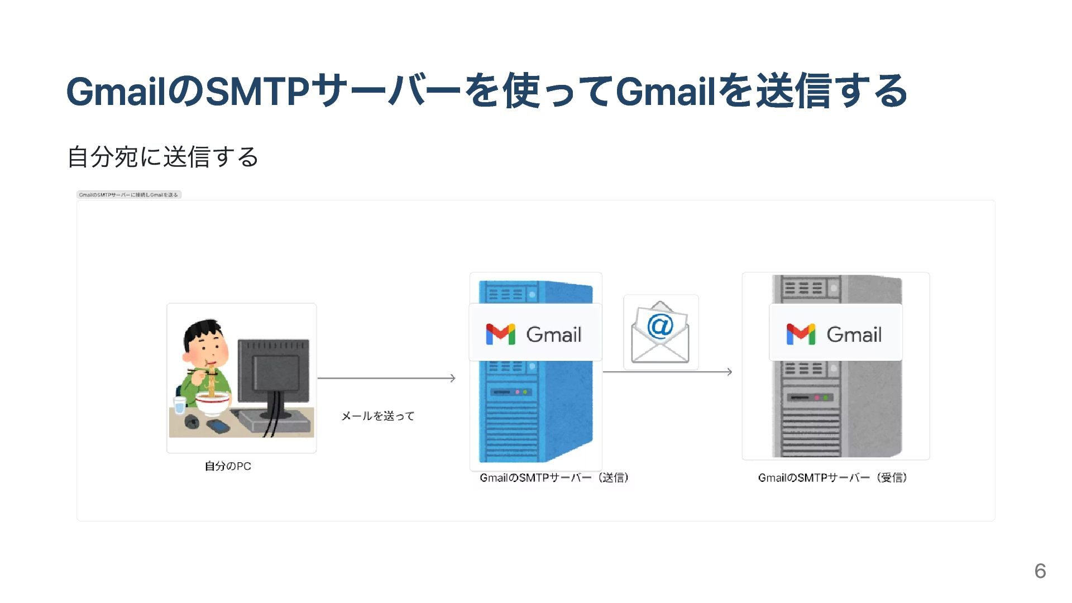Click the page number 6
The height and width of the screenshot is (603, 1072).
pos(1040,571)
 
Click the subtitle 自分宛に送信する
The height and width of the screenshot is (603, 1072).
pos(162,157)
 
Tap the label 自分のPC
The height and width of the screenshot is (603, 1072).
pos(228,466)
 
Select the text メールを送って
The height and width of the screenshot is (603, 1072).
pos(378,416)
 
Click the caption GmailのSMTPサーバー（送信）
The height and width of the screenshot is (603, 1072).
pos(554,478)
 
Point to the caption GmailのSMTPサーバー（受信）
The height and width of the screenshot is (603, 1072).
pos(832,478)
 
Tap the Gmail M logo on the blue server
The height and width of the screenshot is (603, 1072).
pos(500,334)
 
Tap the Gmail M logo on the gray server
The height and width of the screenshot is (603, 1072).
pos(801,334)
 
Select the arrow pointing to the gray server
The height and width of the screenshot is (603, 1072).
pos(668,372)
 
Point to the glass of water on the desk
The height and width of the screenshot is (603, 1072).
pos(179,405)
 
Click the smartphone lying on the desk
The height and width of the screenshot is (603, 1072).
pos(218,427)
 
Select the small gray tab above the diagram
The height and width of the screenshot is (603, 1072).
pos(129,195)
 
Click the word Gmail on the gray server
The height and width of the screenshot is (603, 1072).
pos(854,335)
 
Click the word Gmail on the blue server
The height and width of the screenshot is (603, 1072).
pos(554,335)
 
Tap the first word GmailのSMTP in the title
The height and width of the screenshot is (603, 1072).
pos(188,91)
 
